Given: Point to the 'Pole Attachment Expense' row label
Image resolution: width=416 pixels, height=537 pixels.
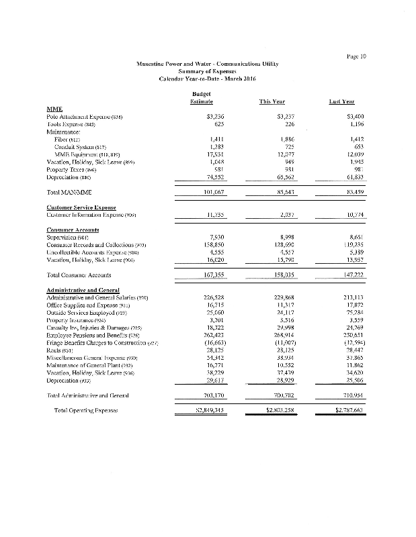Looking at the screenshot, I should (x=84, y=116).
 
